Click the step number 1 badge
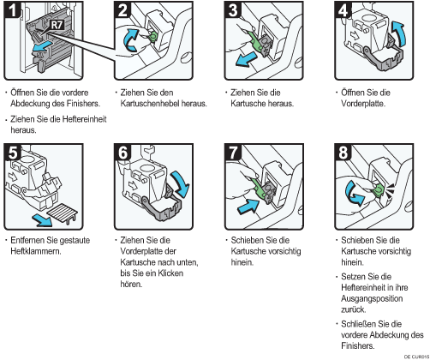point(12,10)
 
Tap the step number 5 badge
point(13,153)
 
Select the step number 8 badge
point(343,153)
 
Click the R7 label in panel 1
point(57,25)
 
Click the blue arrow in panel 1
point(43,47)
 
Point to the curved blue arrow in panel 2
point(131,40)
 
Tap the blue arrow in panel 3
point(246,59)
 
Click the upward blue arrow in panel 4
point(398,33)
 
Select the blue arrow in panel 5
point(42,220)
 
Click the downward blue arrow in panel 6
point(180,183)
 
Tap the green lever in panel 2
point(152,36)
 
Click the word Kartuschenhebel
point(150,104)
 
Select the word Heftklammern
point(36,251)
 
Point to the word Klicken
point(170,273)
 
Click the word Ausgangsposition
point(372,298)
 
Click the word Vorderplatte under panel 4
point(363,104)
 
